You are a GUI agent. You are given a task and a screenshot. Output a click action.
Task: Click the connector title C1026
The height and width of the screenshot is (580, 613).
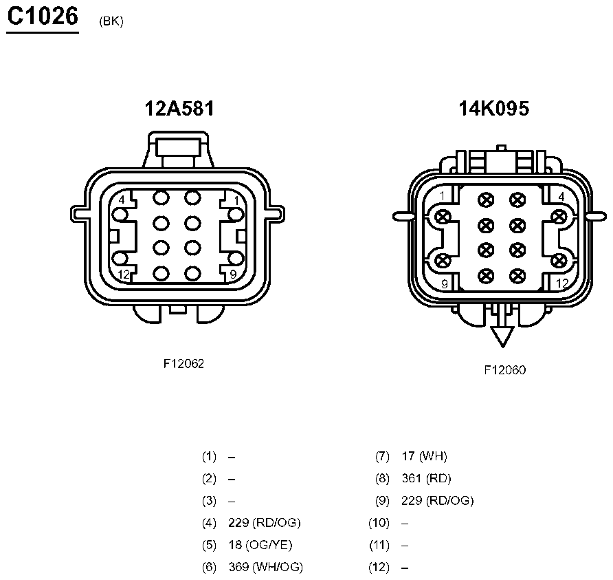click(43, 17)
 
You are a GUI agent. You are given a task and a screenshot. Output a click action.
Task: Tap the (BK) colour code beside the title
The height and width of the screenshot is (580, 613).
click(111, 21)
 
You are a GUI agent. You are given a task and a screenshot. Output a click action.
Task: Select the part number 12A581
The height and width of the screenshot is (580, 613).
click(179, 108)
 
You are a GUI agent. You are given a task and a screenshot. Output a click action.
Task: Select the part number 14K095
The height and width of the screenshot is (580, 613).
click(493, 108)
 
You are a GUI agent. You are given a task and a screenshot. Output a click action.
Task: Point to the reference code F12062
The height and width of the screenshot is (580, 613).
click(183, 363)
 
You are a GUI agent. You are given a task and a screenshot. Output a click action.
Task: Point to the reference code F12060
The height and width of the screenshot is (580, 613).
click(504, 370)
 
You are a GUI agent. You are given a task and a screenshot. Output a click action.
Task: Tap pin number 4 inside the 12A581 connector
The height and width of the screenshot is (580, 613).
click(122, 200)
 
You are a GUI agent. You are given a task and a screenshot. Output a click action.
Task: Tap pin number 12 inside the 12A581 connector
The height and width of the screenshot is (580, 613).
click(124, 275)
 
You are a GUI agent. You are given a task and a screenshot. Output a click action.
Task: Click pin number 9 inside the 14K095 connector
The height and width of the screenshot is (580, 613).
click(445, 283)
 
